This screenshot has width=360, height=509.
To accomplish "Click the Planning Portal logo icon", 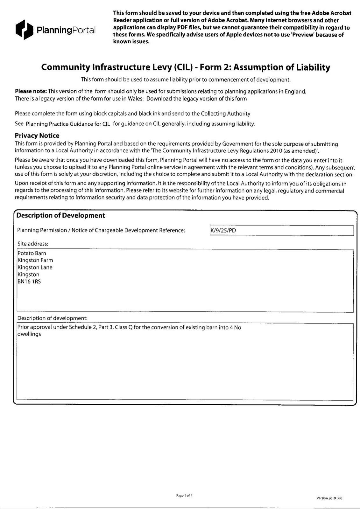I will point(24,30).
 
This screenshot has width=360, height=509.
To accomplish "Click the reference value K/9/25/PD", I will point(223,230).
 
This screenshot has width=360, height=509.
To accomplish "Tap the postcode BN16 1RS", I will point(29,282).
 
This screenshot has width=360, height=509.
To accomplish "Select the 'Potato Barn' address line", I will point(32,253).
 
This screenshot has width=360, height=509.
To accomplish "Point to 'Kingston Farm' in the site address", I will point(35,260).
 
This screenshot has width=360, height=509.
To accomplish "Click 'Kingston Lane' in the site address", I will point(35,267).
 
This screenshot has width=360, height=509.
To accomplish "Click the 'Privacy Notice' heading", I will point(37,136).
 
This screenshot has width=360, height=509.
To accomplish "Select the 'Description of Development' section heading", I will point(60,215).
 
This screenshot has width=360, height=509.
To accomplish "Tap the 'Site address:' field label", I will point(33,244).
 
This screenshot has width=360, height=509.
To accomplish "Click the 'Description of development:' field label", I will point(52,318).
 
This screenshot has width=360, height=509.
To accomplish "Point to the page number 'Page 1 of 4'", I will point(184,495).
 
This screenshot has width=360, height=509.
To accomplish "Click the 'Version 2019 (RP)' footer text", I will point(329,498).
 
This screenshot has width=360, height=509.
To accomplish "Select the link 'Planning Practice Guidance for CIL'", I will point(68,124).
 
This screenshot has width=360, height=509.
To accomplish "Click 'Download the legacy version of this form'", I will point(196,99).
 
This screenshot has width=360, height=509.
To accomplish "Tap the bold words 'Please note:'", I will point(31,92).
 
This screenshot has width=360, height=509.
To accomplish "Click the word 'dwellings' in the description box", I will point(29,334).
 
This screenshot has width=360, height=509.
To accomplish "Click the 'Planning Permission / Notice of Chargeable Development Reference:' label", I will point(101,230).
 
